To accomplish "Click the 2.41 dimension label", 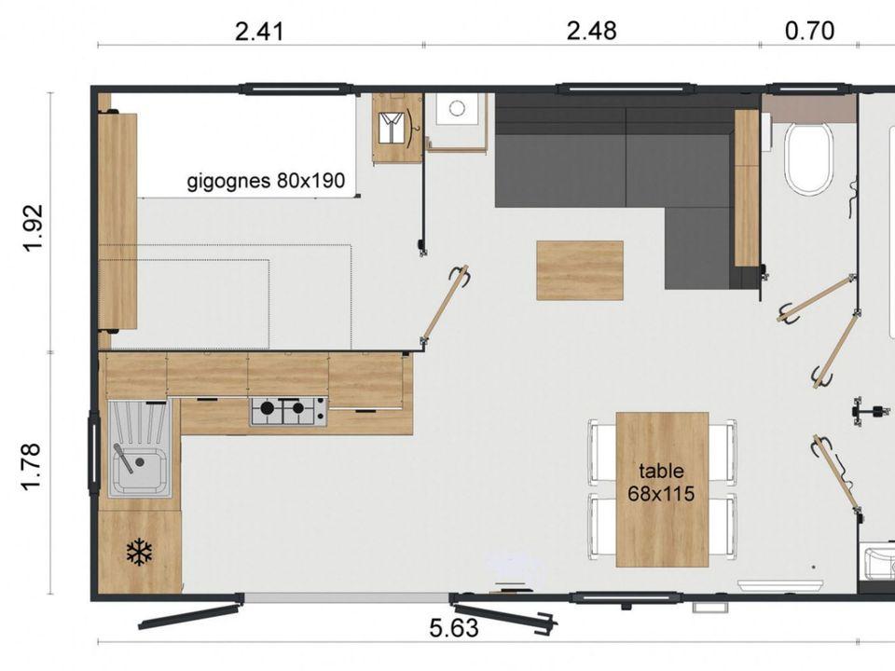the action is coord(259,32).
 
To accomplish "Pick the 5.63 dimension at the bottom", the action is coord(454,628).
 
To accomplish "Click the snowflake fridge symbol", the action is coord(139,552).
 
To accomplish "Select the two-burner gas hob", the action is coord(288,411).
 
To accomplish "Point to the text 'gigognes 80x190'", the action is coord(266,181).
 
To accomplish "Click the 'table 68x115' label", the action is coord(661,482).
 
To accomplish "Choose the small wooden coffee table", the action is coord(579,270).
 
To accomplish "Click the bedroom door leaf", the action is coord(445,303).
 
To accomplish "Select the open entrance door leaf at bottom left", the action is coord(189,615).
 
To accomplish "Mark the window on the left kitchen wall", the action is coord(94,452).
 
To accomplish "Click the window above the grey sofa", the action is coord(626,89).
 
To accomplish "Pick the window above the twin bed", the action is coord(296,89).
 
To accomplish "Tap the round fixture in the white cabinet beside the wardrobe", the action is coord(456,108).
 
